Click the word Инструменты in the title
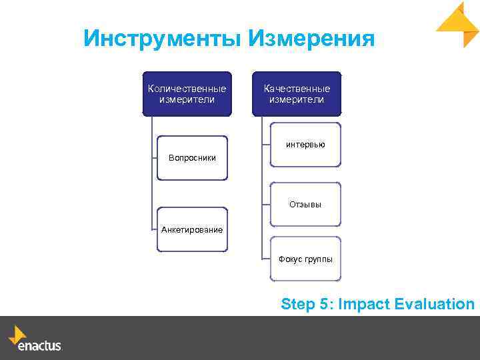pos(163,39)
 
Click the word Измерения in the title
pos(311,39)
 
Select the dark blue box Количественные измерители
pos(187,94)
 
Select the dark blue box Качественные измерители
pos(297,94)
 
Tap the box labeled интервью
pos(305,144)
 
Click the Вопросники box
pos(192,158)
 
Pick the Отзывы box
pos(305,204)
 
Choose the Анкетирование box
pos(192,229)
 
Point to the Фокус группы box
pos(305,259)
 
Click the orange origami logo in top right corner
pos(459,24)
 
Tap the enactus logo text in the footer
pos(39,346)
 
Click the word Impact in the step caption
pos(364,305)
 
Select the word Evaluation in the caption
pos(434,305)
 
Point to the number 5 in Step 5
pos(324,305)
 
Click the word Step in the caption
pos(298,305)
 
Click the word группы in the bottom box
pos(318,259)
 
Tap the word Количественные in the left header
pos(187,89)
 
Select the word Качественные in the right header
pos(297,89)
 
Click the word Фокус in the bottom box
pos(290,259)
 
